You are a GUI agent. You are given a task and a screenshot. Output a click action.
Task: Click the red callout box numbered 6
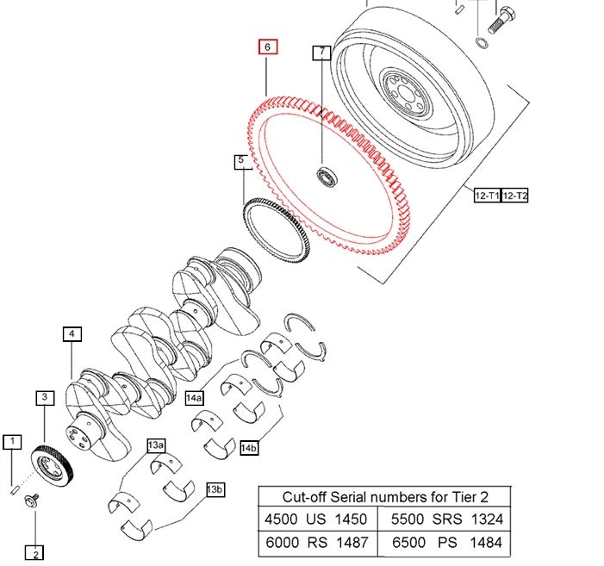[268, 47]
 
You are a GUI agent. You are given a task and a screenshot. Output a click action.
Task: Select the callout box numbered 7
[322, 53]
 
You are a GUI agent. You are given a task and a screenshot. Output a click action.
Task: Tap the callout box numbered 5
[242, 161]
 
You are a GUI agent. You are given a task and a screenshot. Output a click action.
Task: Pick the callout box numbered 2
[34, 552]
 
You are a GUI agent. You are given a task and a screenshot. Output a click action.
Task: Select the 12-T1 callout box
[487, 196]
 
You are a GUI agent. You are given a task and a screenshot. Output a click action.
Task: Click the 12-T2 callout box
[515, 196]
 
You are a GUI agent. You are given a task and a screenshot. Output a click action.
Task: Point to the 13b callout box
[215, 489]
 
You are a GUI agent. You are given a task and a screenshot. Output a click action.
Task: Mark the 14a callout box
[196, 398]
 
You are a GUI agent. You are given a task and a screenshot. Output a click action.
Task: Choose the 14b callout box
[250, 447]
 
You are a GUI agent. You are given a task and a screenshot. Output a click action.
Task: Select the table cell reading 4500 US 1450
[319, 519]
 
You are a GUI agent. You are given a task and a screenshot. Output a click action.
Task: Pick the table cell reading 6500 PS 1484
[447, 544]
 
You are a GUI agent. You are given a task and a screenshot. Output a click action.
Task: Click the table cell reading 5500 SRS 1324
[447, 519]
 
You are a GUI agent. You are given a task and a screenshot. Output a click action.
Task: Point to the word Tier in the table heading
[457, 496]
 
